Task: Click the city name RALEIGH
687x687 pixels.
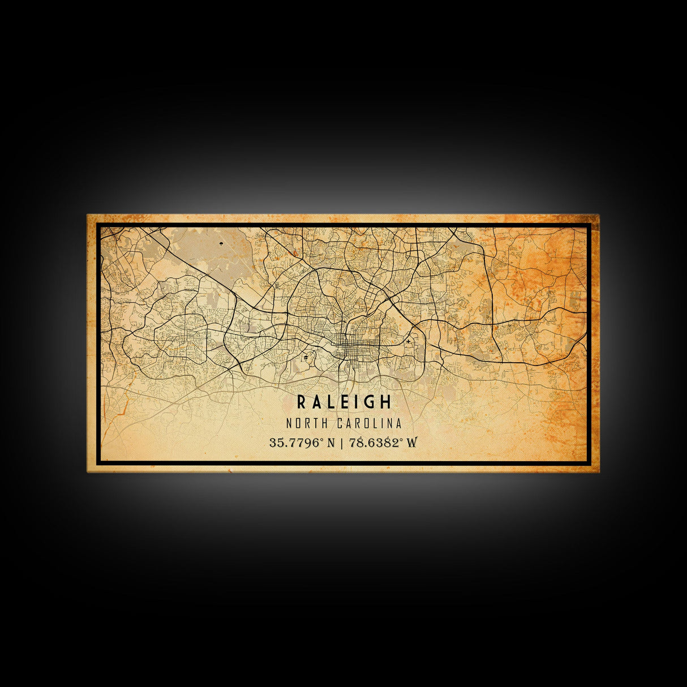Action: coord(343,402)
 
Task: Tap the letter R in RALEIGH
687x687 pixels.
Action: coord(302,402)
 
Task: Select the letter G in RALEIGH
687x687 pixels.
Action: coord(371,402)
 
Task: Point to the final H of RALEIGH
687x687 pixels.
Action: coord(386,402)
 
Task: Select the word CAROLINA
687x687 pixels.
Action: coord(370,423)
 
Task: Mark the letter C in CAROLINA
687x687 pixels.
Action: coord(340,423)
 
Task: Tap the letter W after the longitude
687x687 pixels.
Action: coord(411,443)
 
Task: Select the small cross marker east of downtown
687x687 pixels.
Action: coord(408,342)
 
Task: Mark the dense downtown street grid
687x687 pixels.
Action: coord(346,345)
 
